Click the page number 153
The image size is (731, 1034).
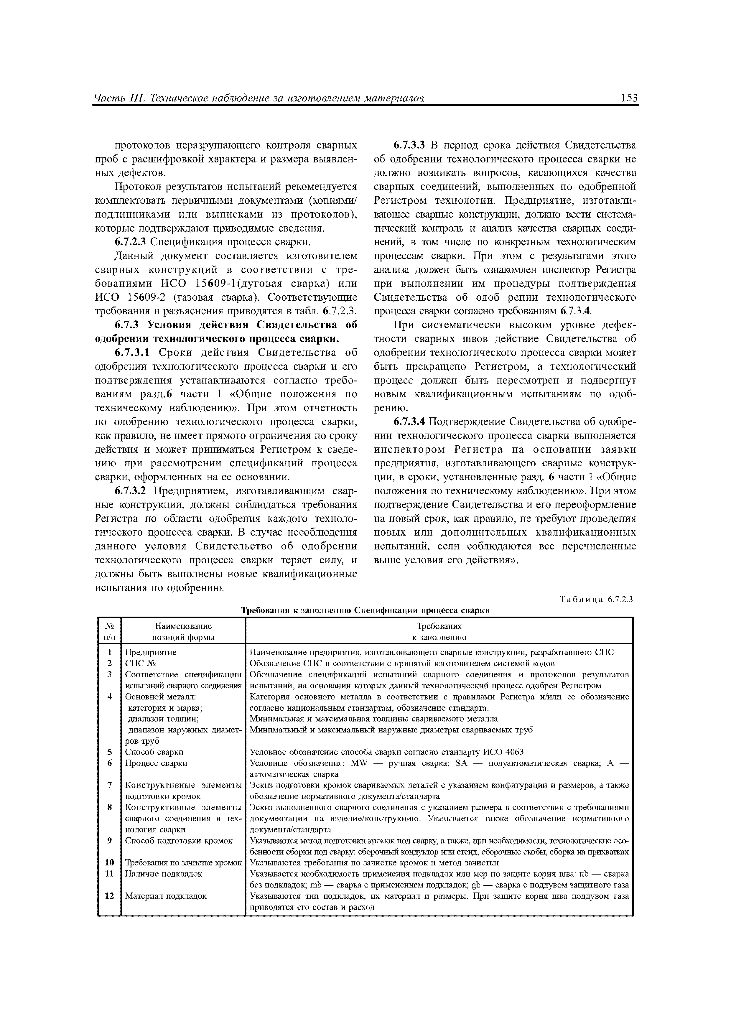pos(629,98)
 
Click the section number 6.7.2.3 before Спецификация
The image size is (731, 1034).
pos(131,242)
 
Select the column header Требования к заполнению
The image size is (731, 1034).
pos(439,631)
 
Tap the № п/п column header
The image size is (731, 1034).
pos(109,631)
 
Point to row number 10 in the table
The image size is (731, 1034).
pos(109,863)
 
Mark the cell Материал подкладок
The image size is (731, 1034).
pos(165,896)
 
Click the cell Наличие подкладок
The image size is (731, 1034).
pos(164,874)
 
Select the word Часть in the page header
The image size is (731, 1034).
pos(107,98)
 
